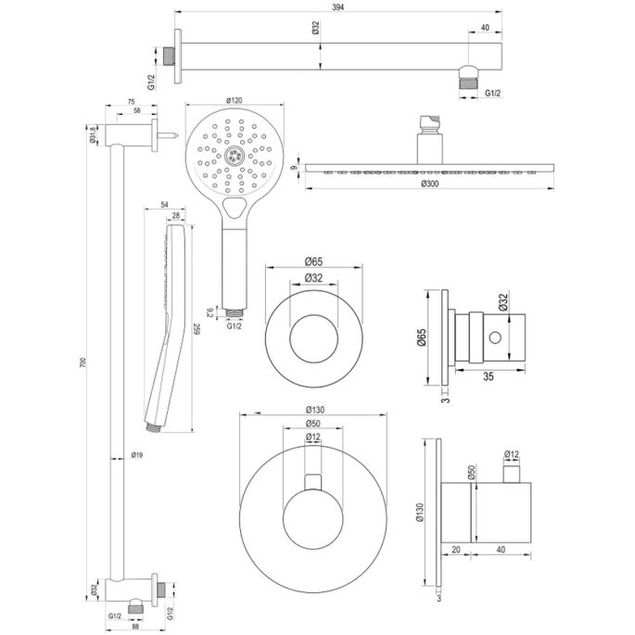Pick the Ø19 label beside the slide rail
(x=136, y=455)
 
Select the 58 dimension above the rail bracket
(x=138, y=110)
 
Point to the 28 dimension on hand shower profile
(x=176, y=214)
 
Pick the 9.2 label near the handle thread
(x=212, y=312)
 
